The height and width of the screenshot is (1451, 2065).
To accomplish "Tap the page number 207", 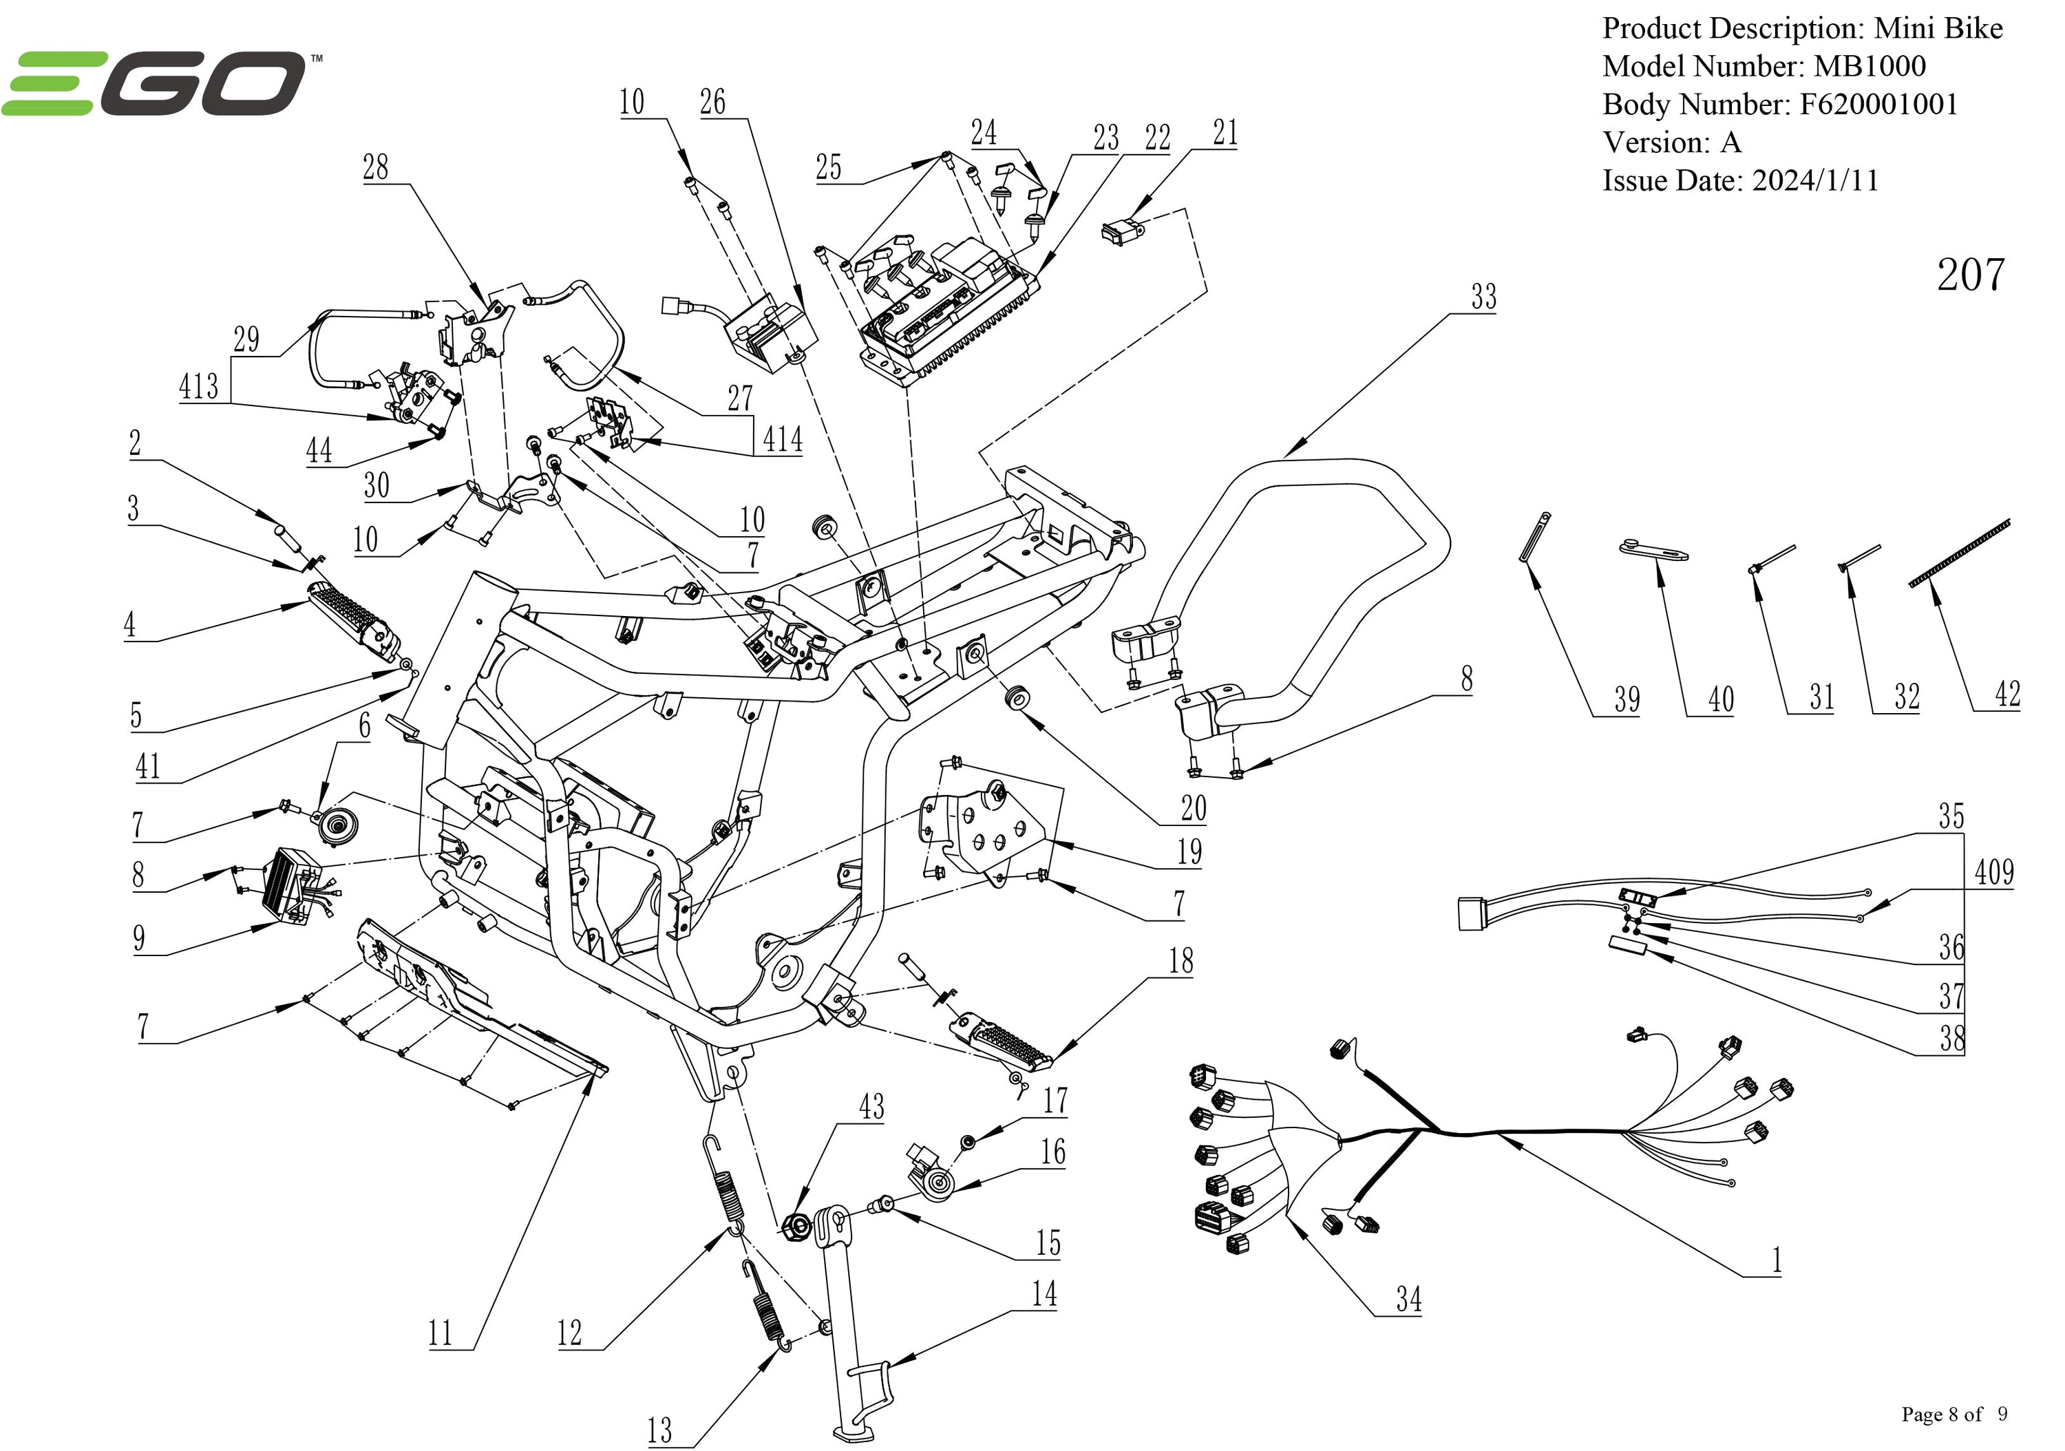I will [1969, 275].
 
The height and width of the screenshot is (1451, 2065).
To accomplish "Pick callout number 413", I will [198, 386].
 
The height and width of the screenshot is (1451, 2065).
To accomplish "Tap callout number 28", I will [375, 167].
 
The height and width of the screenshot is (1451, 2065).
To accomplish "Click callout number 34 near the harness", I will [1408, 1299].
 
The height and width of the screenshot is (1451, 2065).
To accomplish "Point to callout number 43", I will [871, 1105].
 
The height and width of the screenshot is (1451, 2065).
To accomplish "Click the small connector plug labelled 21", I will [1121, 232].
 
